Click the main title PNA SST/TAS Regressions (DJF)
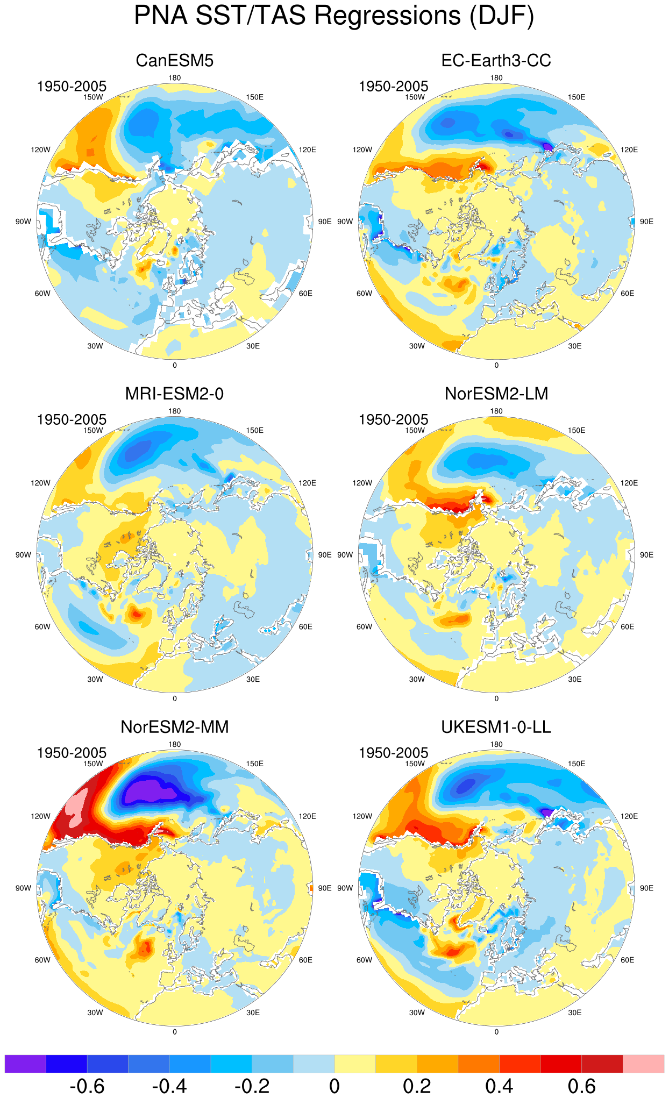coord(334,15)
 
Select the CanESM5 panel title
coord(175,60)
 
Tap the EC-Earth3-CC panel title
coord(496,60)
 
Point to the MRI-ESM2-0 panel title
coord(174,394)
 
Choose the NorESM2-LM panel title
coord(496,394)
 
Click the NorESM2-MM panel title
coord(175,727)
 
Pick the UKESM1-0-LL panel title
coord(496,727)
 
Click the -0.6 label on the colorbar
coord(87,1086)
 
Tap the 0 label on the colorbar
coord(334,1086)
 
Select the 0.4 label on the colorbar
coord(500,1086)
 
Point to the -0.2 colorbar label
coord(252,1086)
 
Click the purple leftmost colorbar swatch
coord(25,1064)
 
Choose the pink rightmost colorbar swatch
coord(643,1064)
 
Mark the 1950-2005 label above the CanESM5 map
coord(72,86)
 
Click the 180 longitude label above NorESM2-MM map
coord(175,744)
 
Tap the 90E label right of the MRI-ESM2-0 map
coord(325,555)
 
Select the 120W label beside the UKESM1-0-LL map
coord(362,816)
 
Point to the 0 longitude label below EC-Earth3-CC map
coord(496,365)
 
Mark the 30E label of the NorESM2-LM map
coord(575,679)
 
